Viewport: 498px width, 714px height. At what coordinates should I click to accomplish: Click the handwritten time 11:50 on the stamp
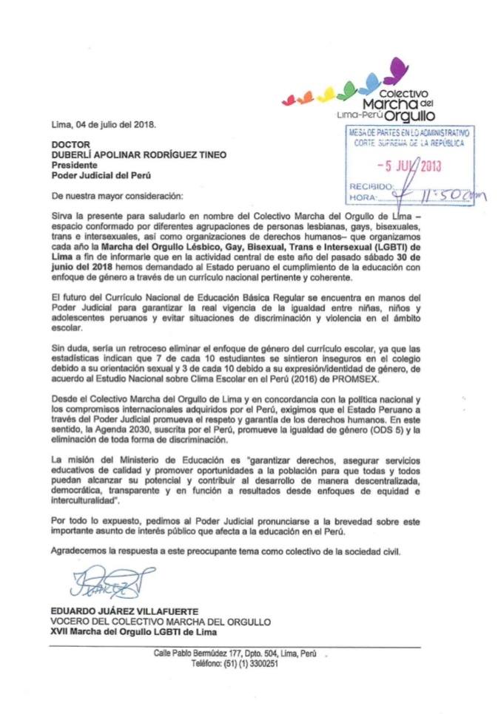pyautogui.click(x=448, y=197)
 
